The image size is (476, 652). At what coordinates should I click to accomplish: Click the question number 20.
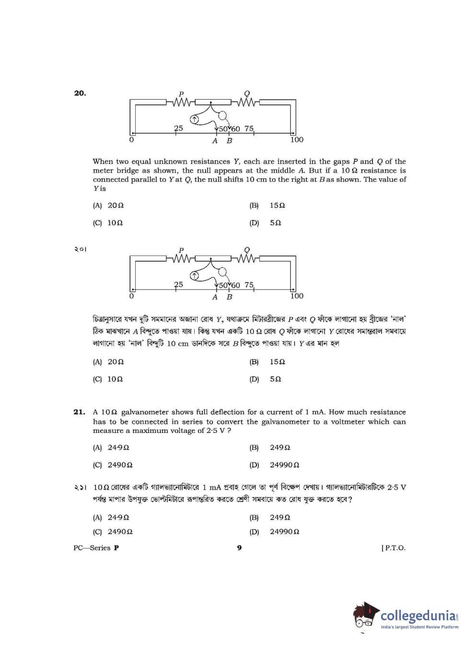[x=80, y=93]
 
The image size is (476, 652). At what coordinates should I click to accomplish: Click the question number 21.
[x=79, y=412]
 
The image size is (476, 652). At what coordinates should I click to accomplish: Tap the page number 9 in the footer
[x=239, y=547]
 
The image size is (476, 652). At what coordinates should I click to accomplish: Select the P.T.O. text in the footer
[x=393, y=547]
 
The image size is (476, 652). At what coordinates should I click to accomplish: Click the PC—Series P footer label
[x=96, y=547]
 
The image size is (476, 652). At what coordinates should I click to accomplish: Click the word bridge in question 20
[x=129, y=171]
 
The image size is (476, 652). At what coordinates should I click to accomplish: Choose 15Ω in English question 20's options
[x=277, y=205]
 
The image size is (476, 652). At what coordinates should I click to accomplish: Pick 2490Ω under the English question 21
[x=120, y=465]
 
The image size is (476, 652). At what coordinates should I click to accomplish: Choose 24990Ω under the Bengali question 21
[x=284, y=531]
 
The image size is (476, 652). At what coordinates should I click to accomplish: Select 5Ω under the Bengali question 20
[x=275, y=379]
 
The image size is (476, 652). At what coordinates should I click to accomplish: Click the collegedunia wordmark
[x=418, y=615]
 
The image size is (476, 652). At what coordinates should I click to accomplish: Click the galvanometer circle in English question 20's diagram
[x=194, y=119]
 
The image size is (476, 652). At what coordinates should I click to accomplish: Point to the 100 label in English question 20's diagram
[x=297, y=140]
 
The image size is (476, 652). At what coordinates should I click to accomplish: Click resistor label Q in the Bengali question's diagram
[x=247, y=250]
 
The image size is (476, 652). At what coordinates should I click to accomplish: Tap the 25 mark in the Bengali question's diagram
[x=178, y=284]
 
